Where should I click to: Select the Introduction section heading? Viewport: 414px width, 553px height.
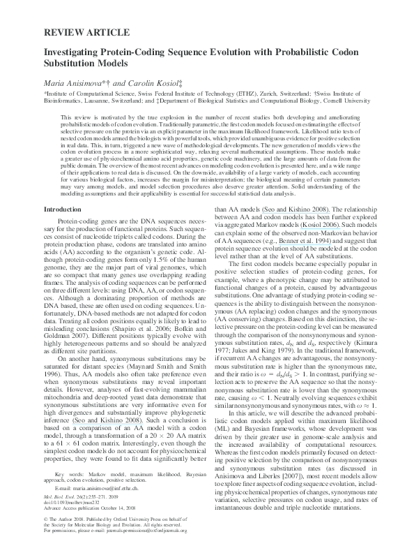[63, 209]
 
